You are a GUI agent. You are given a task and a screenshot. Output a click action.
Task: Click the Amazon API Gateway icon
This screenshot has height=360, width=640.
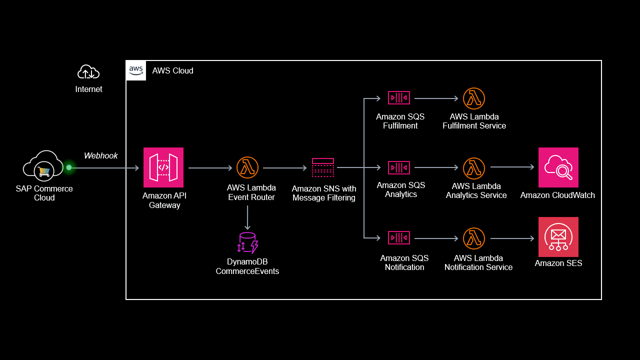coord(163,167)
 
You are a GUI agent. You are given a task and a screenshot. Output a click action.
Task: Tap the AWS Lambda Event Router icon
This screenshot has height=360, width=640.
coord(247,167)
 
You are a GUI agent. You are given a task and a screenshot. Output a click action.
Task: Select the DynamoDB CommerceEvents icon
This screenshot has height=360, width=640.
coord(247,242)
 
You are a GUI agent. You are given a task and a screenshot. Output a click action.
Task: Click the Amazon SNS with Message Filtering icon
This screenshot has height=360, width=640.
coord(323,167)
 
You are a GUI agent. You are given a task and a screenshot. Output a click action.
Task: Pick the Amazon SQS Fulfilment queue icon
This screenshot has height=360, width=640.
coord(399,97)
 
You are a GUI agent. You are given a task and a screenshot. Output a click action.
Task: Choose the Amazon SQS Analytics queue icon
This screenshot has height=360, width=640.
coord(399,167)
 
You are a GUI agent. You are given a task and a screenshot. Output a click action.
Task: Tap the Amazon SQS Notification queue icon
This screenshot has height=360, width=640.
coord(399,238)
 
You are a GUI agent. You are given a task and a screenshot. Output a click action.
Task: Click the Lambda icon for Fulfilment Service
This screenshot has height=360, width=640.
coord(474,98)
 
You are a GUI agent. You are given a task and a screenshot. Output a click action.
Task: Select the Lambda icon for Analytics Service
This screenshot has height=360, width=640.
coord(474,168)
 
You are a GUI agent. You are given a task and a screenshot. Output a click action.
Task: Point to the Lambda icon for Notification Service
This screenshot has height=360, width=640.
coord(474,238)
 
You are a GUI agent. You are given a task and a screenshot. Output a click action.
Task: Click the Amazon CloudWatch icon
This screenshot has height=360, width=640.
coord(558,167)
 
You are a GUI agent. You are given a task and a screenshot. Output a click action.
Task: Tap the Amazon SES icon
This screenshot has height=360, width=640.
coord(558,237)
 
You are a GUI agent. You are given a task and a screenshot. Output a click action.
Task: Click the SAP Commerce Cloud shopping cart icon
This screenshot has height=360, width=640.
coord(44,171)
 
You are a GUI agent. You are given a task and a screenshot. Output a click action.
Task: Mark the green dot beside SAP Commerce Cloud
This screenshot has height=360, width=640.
coord(69,167)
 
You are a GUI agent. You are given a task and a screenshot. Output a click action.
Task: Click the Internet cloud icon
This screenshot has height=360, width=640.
coord(88,72)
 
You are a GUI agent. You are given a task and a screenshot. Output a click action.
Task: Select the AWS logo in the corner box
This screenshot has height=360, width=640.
coord(136,70)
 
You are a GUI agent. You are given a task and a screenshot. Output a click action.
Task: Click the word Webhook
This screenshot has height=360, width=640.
coord(101,155)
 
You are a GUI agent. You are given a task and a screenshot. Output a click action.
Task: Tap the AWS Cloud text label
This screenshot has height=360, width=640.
coord(172,71)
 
